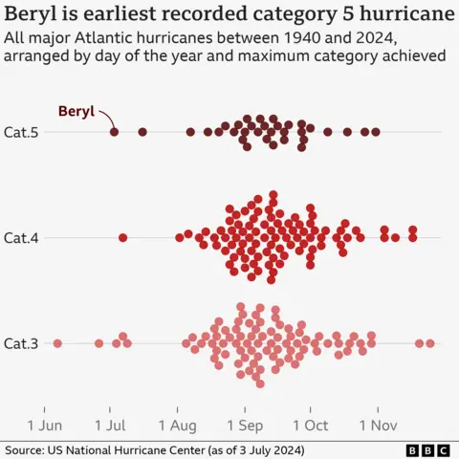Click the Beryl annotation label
click(x=76, y=111)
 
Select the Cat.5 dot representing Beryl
click(x=114, y=132)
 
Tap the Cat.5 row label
click(x=20, y=132)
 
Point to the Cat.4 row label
click(x=20, y=237)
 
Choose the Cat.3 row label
click(x=20, y=342)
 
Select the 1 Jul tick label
click(x=110, y=424)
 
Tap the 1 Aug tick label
click(x=178, y=424)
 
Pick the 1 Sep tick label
click(x=245, y=424)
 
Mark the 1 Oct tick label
click(x=311, y=424)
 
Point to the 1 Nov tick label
click(x=378, y=424)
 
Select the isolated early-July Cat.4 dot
click(x=122, y=237)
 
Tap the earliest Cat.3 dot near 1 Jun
click(x=57, y=342)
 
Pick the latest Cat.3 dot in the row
click(x=430, y=342)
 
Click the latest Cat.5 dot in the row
click(x=376, y=132)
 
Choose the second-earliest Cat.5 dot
click(x=142, y=132)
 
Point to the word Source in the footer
click(x=27, y=449)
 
